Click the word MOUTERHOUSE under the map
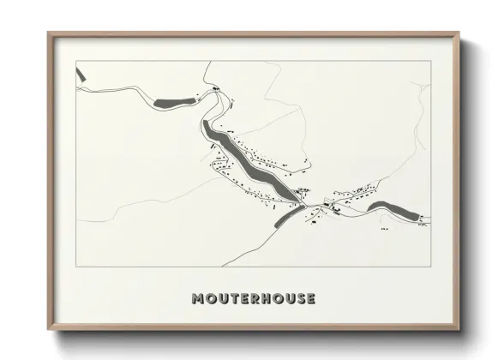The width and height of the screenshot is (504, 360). (x=254, y=299)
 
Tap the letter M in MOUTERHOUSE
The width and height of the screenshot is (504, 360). (x=198, y=299)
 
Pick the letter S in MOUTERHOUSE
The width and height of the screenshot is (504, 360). (x=299, y=299)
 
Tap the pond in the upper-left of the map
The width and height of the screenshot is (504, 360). (x=174, y=103)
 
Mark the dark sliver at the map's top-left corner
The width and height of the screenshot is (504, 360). (x=80, y=75)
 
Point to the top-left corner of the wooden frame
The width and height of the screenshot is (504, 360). (x=49, y=34)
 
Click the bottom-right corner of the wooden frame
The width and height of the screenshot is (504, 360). (x=459, y=329)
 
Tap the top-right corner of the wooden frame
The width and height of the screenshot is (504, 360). (x=459, y=34)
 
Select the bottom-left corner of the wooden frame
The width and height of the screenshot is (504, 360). (x=49, y=329)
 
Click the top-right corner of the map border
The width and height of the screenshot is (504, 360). (x=430, y=61)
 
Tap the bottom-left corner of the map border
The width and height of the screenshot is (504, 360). (x=76, y=267)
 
